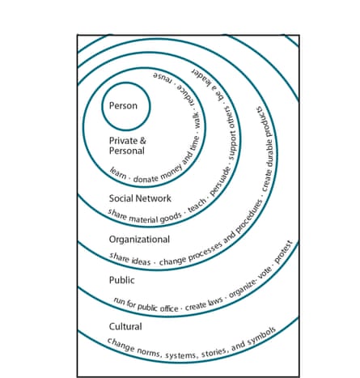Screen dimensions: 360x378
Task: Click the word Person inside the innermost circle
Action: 123,105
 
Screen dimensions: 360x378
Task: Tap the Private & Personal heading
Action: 127,146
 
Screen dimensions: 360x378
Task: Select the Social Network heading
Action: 140,198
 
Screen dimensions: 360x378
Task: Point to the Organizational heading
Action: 139,240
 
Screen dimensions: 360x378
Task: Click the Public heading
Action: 121,280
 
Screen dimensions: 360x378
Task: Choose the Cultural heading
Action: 125,326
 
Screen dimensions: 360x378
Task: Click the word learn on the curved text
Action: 118,173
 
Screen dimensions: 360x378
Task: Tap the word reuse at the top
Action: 162,77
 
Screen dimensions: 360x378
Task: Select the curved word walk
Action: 197,121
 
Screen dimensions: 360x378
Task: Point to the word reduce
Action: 185,95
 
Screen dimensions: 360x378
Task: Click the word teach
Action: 197,206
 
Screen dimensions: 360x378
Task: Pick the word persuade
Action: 220,181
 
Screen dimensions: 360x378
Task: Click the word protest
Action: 283,252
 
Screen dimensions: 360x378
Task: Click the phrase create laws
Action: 204,304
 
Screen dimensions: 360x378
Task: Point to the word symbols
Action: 261,336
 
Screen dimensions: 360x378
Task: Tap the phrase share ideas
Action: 129,259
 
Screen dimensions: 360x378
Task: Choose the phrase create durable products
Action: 267,149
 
